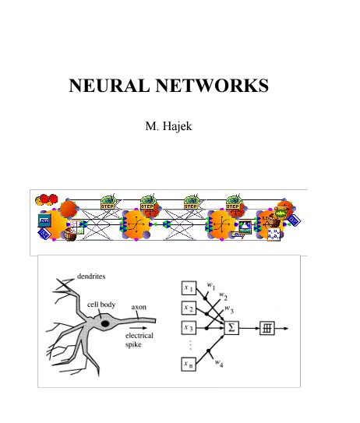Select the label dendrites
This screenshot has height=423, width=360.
92,277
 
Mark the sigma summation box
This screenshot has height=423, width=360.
231,328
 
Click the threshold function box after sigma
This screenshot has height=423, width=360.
267,328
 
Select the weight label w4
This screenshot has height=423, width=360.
221,362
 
